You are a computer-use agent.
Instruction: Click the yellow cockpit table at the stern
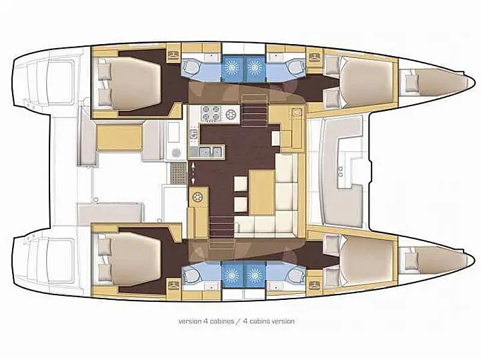click(117, 140)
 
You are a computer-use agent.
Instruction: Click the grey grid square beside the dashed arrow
click(178, 174)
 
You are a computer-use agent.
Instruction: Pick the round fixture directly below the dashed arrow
click(198, 197)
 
